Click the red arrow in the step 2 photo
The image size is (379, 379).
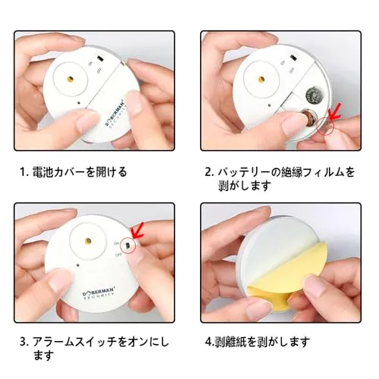click(x=334, y=112)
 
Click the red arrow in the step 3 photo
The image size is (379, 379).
click(x=137, y=231)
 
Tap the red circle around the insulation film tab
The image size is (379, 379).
click(x=326, y=126)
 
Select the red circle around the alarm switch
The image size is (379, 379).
click(x=128, y=245)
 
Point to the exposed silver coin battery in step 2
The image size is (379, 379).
click(x=314, y=95)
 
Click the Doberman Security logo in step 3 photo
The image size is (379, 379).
click(x=99, y=294)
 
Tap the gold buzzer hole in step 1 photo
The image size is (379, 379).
click(x=70, y=80)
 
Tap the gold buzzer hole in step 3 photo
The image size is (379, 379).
click(x=88, y=241)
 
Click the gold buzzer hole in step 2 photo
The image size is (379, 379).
click(x=262, y=80)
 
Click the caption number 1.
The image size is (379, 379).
click(x=23, y=172)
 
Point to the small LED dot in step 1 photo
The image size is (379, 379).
click(x=79, y=103)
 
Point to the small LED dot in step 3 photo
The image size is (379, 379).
click(x=78, y=265)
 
